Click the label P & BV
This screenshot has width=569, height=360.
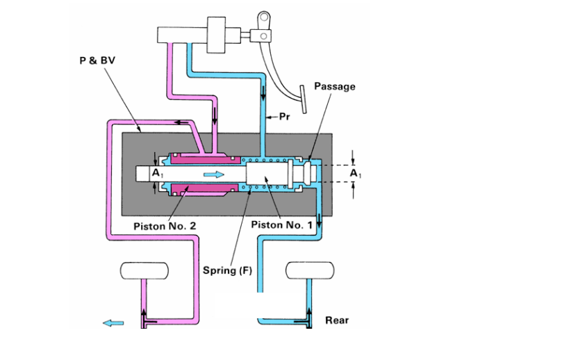click(x=96, y=60)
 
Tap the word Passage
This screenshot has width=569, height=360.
click(x=334, y=87)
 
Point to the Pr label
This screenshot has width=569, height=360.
click(x=284, y=117)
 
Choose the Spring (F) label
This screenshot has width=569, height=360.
click(x=227, y=270)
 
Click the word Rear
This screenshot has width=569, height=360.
click(x=337, y=320)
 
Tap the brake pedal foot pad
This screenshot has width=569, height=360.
click(x=304, y=98)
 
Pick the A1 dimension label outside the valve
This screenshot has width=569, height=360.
click(x=355, y=172)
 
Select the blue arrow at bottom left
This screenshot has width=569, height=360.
click(x=113, y=322)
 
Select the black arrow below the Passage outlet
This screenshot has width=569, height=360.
click(x=320, y=222)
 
